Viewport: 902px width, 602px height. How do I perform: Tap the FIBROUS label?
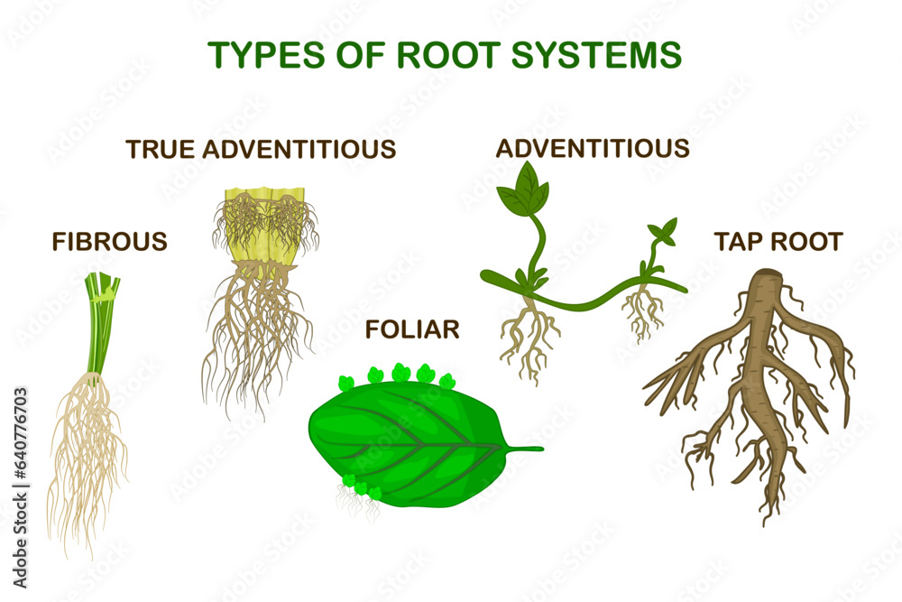(x=110, y=242)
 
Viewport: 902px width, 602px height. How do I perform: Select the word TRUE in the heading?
(x=161, y=149)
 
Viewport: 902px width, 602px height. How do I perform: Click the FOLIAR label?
(x=412, y=330)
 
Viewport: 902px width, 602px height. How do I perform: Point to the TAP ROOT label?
(x=778, y=242)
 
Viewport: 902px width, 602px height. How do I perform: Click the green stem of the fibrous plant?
(x=100, y=325)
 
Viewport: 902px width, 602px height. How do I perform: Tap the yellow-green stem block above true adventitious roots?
(x=262, y=226)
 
